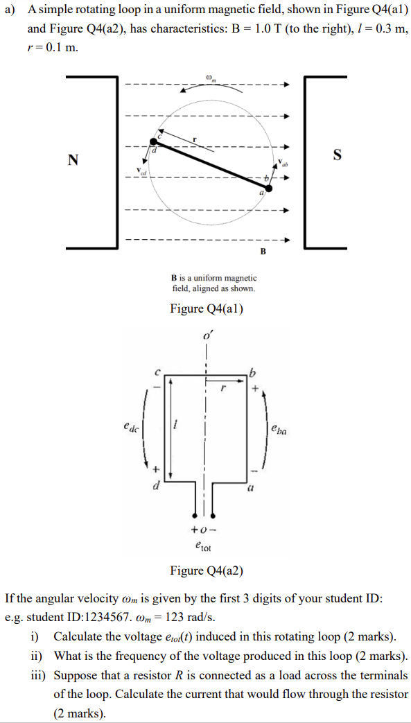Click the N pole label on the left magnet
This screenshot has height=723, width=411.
(73, 160)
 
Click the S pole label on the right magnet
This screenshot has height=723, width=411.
(337, 155)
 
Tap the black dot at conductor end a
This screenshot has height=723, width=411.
(269, 187)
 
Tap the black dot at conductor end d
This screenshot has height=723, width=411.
(153, 141)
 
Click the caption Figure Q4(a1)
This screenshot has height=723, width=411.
(207, 308)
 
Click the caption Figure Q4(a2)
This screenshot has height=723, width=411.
(207, 570)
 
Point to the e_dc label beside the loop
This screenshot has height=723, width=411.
(130, 429)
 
